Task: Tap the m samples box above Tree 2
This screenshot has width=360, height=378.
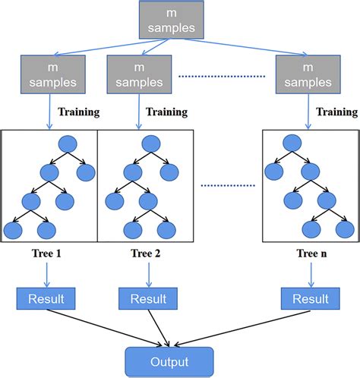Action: [137, 73]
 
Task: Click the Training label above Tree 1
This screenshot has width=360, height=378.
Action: [81, 112]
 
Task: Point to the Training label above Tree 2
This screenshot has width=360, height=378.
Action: [166, 112]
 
